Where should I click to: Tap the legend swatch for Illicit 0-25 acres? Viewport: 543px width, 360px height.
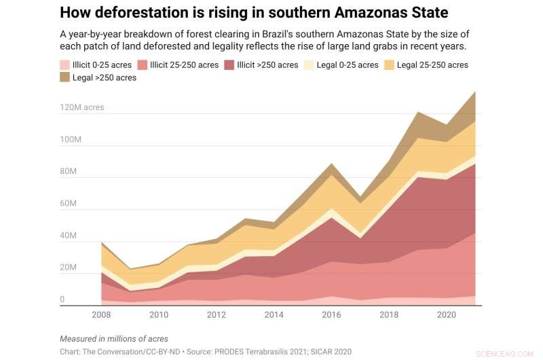64,65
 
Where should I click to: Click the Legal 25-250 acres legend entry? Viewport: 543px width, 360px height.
432,65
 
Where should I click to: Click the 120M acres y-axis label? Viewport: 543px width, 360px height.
82,107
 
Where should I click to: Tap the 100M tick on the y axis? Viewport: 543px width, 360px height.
71,140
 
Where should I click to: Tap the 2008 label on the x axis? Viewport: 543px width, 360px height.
100,315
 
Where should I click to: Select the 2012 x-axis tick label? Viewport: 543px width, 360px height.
217,315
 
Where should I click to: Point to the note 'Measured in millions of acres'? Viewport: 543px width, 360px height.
114,338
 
